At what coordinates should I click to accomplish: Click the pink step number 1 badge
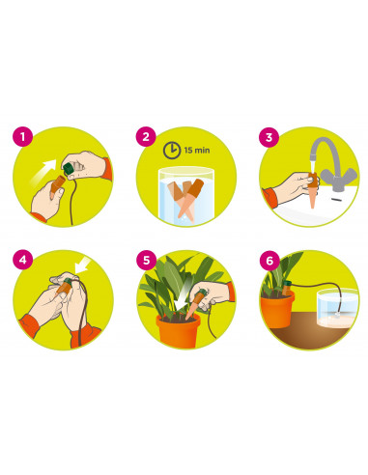22,137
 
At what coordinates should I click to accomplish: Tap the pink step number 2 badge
146,137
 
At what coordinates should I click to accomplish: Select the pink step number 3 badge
269,137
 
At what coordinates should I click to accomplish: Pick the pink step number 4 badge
22,260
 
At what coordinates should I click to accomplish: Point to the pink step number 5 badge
146,260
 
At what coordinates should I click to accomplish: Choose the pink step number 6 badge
269,260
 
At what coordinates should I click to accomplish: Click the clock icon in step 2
172,150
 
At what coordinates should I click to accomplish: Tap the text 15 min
197,150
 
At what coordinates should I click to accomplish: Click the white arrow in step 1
43,173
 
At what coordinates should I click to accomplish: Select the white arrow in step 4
82,265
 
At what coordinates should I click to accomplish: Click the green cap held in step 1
69,169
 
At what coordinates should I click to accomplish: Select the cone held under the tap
312,190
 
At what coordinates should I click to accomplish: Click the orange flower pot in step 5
178,331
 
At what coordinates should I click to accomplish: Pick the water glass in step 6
337,308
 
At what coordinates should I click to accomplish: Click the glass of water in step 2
186,195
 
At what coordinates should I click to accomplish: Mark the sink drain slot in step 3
336,200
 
